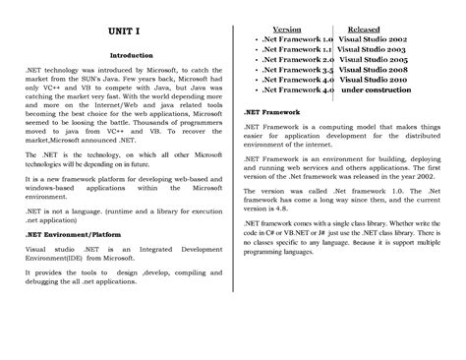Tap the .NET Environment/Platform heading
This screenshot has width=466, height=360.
(x=67, y=207)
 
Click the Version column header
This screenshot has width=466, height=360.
(x=287, y=29)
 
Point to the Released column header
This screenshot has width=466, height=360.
(x=366, y=29)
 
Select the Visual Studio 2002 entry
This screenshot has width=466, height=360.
(x=375, y=39)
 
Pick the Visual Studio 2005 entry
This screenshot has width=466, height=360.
(x=375, y=60)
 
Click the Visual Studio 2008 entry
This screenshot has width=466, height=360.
(x=375, y=71)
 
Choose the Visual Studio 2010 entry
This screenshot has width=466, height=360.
(x=375, y=81)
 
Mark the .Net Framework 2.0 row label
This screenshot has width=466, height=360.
(x=292, y=60)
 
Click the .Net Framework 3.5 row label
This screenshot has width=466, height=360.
(x=292, y=71)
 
